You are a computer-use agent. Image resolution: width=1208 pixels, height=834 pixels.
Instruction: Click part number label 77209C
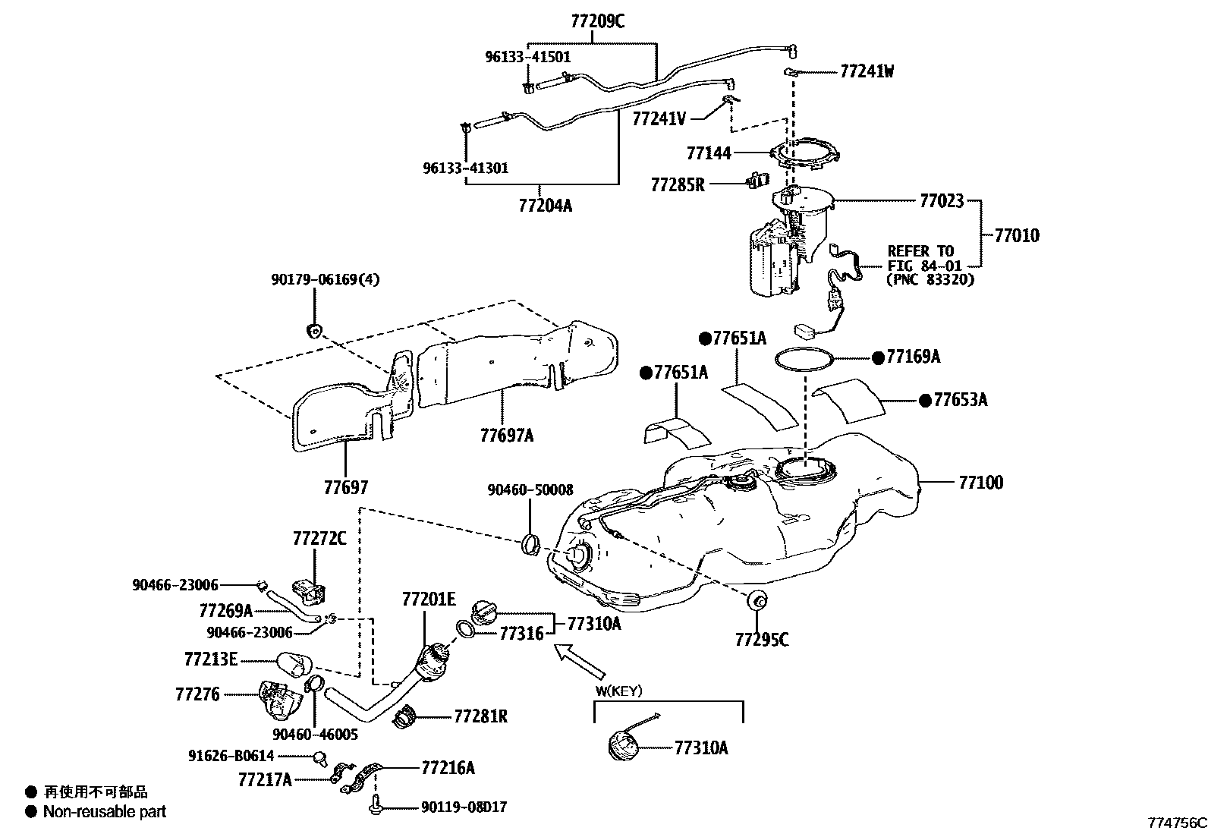[597, 22]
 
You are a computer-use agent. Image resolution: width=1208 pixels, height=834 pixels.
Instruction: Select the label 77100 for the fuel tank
[980, 482]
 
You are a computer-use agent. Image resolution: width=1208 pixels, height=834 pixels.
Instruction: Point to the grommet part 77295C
[757, 601]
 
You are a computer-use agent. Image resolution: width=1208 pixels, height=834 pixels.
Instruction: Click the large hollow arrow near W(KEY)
[580, 660]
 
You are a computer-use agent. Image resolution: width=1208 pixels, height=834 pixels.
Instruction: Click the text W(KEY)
[619, 691]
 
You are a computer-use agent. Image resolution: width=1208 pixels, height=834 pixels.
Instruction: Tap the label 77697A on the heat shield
[506, 435]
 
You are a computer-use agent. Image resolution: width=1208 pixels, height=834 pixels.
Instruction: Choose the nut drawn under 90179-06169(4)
[313, 329]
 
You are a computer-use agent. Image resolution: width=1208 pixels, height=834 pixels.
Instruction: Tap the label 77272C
[319, 539]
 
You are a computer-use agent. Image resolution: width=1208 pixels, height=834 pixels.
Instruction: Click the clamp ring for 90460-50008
[532, 544]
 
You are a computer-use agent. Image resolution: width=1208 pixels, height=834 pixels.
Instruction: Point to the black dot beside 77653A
[924, 401]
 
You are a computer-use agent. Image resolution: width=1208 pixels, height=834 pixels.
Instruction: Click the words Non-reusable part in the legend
[104, 812]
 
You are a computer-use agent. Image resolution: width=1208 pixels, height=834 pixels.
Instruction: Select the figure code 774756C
[1176, 823]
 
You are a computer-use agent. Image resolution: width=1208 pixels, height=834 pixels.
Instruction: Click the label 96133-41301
[465, 168]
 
